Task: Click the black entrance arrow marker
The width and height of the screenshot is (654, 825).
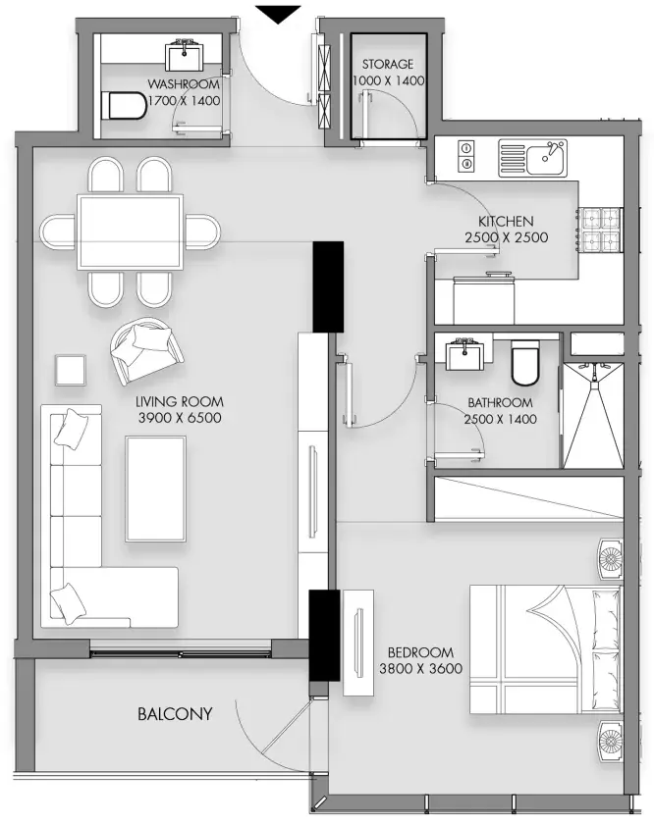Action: [x=278, y=13]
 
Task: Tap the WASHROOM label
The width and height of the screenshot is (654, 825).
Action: [x=184, y=84]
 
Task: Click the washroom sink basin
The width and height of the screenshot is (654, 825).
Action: [x=185, y=54]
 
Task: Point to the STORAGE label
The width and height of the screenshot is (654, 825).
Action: [x=388, y=64]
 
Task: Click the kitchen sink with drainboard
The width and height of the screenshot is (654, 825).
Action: [x=532, y=158]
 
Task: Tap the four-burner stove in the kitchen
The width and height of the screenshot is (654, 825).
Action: [x=601, y=230]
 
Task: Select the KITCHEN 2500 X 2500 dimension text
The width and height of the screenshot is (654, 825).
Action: [x=506, y=229]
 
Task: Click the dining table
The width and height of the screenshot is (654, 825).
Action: [x=130, y=232]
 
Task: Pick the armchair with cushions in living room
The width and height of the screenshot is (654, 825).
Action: [x=146, y=349]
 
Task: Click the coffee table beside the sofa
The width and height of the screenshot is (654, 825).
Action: [x=155, y=489]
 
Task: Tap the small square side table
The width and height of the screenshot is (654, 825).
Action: [x=70, y=371]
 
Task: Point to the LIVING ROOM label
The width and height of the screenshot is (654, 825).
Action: [x=180, y=402]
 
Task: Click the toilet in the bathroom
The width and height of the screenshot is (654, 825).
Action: [x=525, y=363]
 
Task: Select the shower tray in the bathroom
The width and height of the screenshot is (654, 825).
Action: [x=593, y=415]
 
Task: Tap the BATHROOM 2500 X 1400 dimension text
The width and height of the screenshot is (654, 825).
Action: [x=500, y=411]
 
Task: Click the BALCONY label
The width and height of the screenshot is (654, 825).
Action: [x=175, y=714]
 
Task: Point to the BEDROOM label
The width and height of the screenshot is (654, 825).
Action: [x=420, y=652]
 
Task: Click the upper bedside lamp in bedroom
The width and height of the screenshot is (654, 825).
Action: [x=610, y=558]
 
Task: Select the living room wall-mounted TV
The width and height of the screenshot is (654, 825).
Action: [x=313, y=491]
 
